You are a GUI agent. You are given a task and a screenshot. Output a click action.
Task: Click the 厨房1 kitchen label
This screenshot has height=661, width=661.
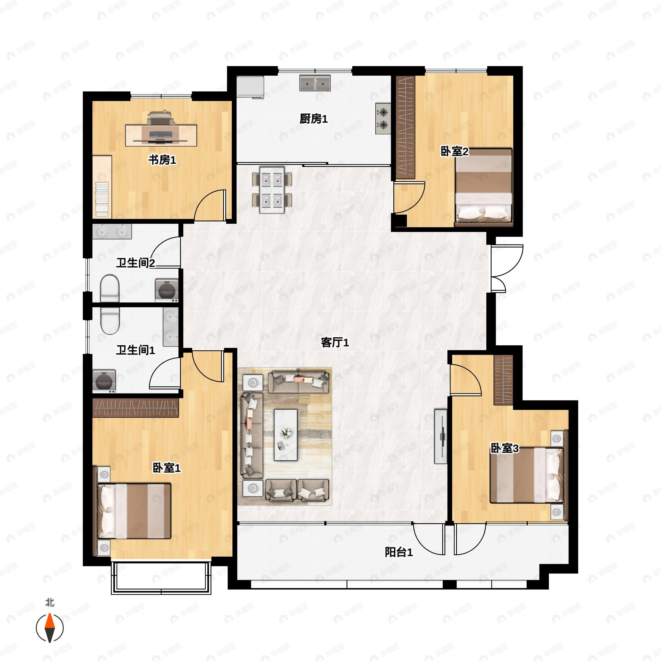click(x=313, y=119)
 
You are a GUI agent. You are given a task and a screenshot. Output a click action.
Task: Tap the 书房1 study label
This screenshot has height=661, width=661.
click(x=162, y=159)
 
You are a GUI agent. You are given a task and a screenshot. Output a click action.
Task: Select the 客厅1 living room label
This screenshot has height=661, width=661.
click(x=335, y=342)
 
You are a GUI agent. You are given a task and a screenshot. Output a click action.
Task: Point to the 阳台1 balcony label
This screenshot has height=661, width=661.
click(x=399, y=552)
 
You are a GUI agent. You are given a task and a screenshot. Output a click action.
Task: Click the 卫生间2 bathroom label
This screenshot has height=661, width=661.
click(x=136, y=263)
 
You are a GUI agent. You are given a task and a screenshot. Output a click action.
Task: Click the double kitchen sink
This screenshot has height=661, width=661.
click(x=315, y=83)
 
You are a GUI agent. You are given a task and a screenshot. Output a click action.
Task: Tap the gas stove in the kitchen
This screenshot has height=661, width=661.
click(x=383, y=118)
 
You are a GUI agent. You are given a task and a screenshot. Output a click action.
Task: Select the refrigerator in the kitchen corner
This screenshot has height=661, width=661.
click(x=250, y=87)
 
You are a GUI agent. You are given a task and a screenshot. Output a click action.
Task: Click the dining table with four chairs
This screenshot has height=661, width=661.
click(x=272, y=189)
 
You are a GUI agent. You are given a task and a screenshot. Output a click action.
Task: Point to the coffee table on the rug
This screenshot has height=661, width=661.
click(x=285, y=435)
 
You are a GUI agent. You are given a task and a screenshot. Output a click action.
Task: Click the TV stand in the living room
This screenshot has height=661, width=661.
click(x=441, y=436)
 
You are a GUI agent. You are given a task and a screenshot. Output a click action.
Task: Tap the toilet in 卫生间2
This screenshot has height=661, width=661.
click(x=110, y=288)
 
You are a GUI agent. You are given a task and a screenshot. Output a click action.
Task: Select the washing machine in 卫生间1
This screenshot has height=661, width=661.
click(x=104, y=381)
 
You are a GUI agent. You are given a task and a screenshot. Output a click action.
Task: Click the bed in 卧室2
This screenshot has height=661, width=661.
click(x=483, y=187)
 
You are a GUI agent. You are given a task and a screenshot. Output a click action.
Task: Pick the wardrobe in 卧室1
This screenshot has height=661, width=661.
click(x=136, y=408)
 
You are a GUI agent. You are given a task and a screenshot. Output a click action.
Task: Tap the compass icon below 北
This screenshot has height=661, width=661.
click(x=50, y=628)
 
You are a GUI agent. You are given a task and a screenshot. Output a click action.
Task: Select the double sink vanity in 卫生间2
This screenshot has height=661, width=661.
click(x=112, y=232)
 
